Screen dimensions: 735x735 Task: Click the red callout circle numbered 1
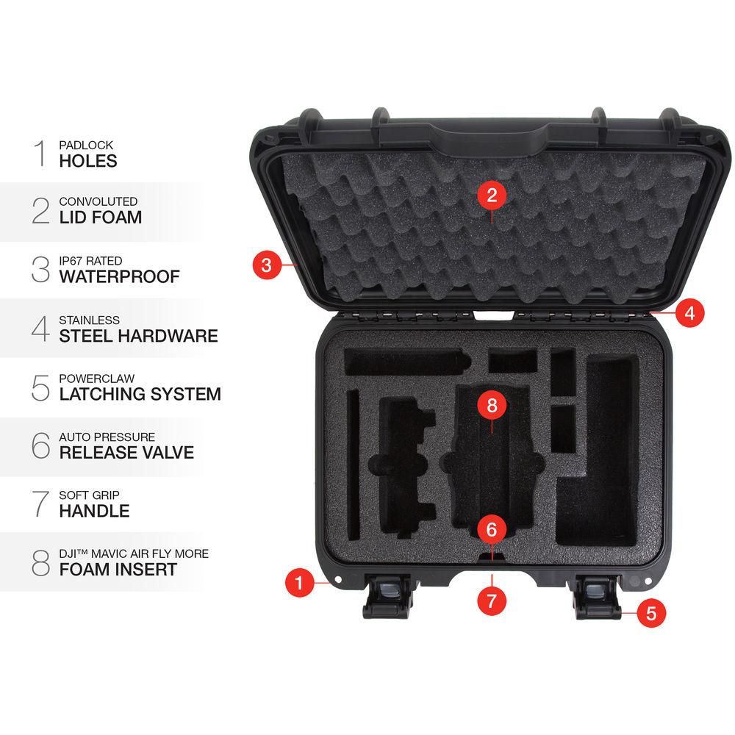point(299,583)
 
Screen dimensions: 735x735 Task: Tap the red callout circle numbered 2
point(492,195)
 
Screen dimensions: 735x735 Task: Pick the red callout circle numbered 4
point(689,312)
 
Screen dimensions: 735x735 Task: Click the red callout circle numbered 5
point(651,612)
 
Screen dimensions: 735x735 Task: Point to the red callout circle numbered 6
point(492,528)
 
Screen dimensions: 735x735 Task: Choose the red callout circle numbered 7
point(492,600)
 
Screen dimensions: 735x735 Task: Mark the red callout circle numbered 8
point(492,404)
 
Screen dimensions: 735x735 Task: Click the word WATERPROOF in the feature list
point(119,277)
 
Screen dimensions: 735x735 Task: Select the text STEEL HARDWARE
point(138,336)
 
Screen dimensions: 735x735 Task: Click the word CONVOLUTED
point(98,201)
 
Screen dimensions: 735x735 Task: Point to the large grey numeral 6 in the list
point(41,445)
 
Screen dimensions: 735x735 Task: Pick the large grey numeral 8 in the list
point(41,562)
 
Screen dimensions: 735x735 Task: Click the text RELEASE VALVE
point(126,452)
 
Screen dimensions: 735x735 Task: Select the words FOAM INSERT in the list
point(118,569)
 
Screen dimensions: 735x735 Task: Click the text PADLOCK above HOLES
point(86,146)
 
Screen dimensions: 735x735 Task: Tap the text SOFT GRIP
point(89,495)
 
